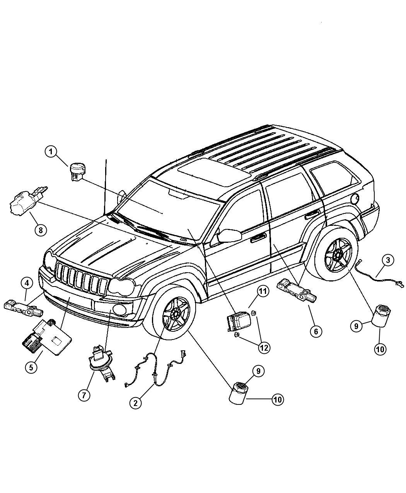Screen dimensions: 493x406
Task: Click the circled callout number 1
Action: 51,152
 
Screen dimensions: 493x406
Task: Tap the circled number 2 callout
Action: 135,403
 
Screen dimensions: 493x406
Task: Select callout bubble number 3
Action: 388,260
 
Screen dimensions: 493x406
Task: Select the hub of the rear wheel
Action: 338,253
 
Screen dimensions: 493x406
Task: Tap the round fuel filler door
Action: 355,199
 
